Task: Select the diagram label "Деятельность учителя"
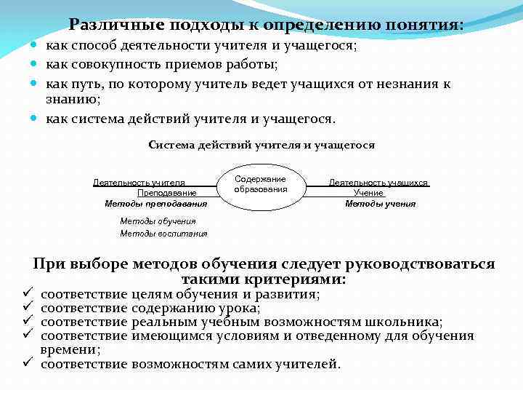(139, 183)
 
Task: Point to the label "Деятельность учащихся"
(378, 183)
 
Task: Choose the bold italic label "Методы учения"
(380, 204)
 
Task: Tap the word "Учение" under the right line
(368, 193)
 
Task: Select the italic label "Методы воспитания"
(163, 234)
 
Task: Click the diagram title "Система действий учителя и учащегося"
(261, 145)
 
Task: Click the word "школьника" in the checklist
(408, 322)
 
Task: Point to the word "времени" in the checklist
(69, 349)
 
